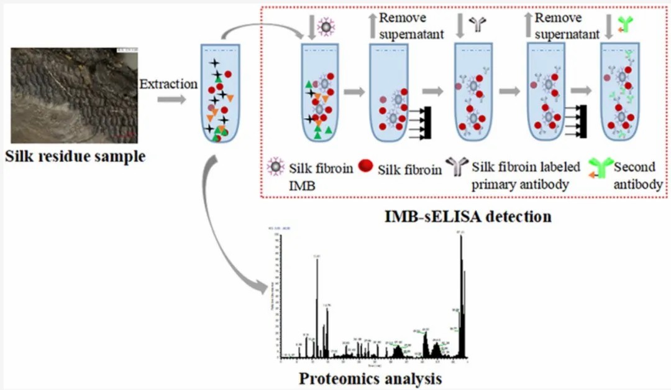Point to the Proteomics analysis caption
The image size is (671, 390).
coord(371,378)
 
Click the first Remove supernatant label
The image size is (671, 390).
coord(411,26)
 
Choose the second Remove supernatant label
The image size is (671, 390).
coord(567,26)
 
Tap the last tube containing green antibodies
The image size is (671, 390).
coord(622,93)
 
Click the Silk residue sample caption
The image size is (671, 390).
coord(75,156)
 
